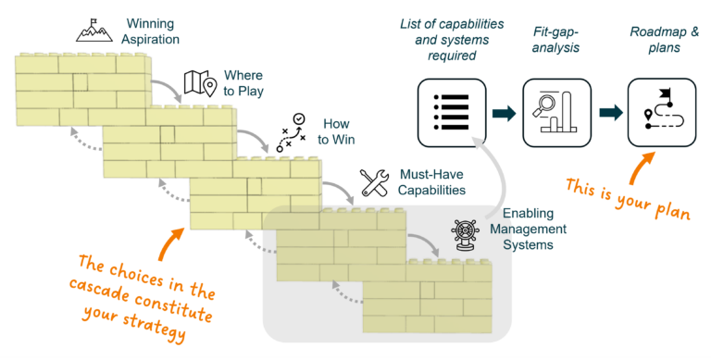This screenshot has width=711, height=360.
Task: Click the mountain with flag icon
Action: coord(94,31)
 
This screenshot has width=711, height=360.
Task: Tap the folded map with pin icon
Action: coord(200,83)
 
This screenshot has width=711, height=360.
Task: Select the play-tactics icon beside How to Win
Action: coord(291,132)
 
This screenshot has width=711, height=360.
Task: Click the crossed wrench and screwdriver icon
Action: coord(375,182)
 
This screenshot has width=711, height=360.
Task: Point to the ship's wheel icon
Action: coord(466,235)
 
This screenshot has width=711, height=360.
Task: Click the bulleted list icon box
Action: coord(452,113)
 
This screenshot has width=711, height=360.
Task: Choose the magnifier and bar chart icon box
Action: coord(556,113)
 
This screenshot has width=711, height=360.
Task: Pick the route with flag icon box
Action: coord(662,113)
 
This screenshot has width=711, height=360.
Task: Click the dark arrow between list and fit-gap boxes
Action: coord(505,113)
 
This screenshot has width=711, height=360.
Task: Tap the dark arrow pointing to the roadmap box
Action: coord(611,113)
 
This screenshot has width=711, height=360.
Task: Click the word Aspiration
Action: coord(151,40)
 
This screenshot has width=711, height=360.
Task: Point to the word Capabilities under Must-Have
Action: coord(431,190)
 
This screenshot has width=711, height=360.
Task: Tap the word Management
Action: coord(529,229)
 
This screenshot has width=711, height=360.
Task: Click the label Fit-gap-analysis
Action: coord(555,40)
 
